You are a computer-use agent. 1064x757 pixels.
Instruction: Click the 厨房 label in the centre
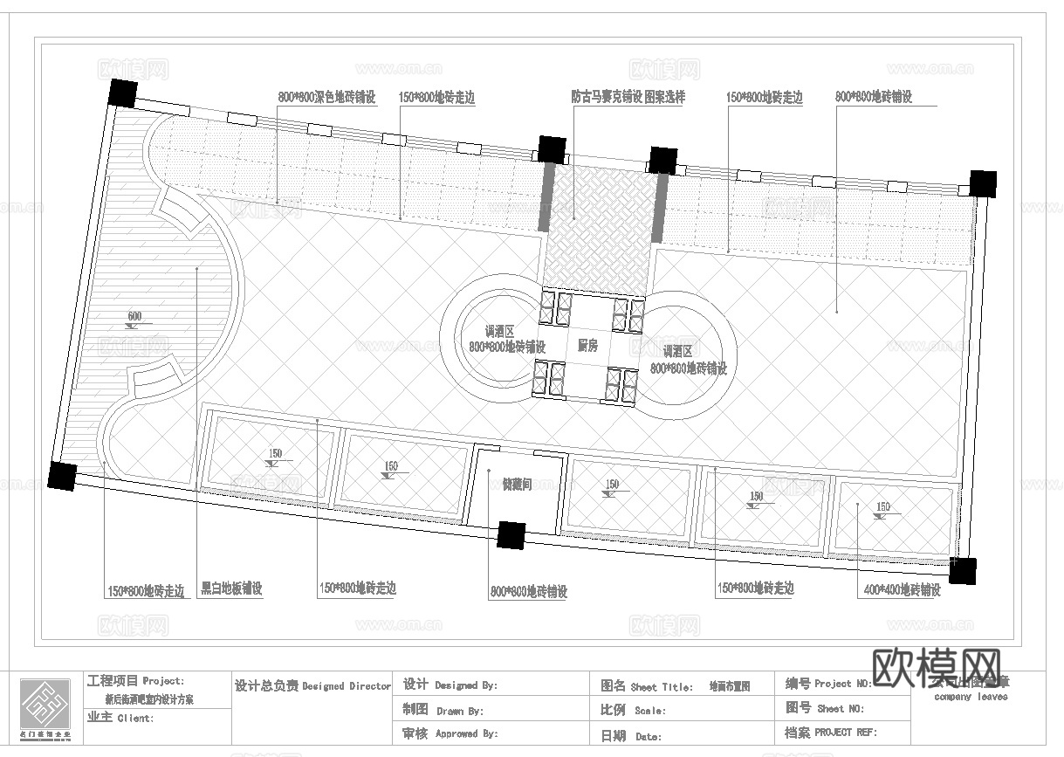point(587,346)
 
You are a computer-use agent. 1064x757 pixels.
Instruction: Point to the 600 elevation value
point(134,316)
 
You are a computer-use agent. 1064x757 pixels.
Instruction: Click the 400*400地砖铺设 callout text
point(902,590)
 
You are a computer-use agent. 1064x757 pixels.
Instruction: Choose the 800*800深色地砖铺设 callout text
point(326,98)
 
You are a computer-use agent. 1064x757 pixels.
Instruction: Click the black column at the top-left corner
point(121,92)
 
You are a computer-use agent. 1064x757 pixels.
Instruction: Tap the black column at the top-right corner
point(983,183)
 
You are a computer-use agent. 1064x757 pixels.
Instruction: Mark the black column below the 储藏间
point(511,534)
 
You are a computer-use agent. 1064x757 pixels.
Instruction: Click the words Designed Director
point(347,686)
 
